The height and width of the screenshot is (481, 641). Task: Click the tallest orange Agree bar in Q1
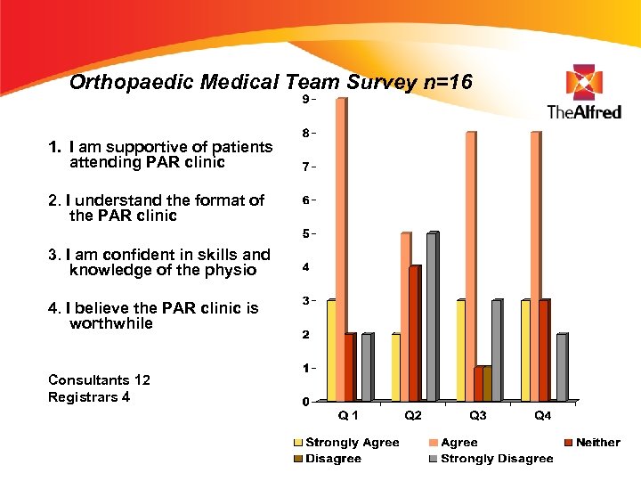pos(341,249)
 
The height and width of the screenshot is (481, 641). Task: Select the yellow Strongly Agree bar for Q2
pos(396,367)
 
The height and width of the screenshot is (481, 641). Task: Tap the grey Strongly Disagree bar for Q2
pos(432,316)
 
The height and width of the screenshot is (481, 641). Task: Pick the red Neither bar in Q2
pos(414,333)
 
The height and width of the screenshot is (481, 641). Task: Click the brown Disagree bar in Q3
pos(487,383)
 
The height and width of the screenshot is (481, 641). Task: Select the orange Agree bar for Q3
pos(470,266)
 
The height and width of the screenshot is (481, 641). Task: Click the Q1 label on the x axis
pos(349,415)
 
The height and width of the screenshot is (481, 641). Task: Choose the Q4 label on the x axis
pos(542,415)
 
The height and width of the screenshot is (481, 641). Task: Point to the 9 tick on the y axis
pos(305,99)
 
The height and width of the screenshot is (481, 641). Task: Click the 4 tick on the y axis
pos(305,267)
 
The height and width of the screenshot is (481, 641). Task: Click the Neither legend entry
pos(597,443)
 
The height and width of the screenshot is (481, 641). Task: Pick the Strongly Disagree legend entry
pos(496,459)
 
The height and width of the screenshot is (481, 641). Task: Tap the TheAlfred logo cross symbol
pos(584,82)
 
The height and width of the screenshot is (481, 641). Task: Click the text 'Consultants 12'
pos(99,380)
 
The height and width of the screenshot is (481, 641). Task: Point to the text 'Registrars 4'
pos(89,397)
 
